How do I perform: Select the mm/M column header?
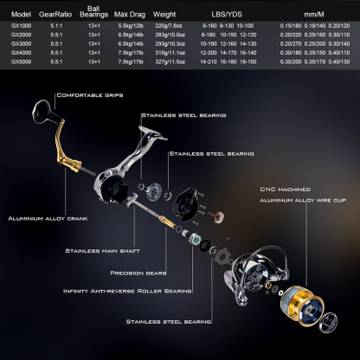tap(314, 13)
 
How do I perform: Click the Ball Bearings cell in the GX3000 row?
tap(97, 44)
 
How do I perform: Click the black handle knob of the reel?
tap(42, 113)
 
